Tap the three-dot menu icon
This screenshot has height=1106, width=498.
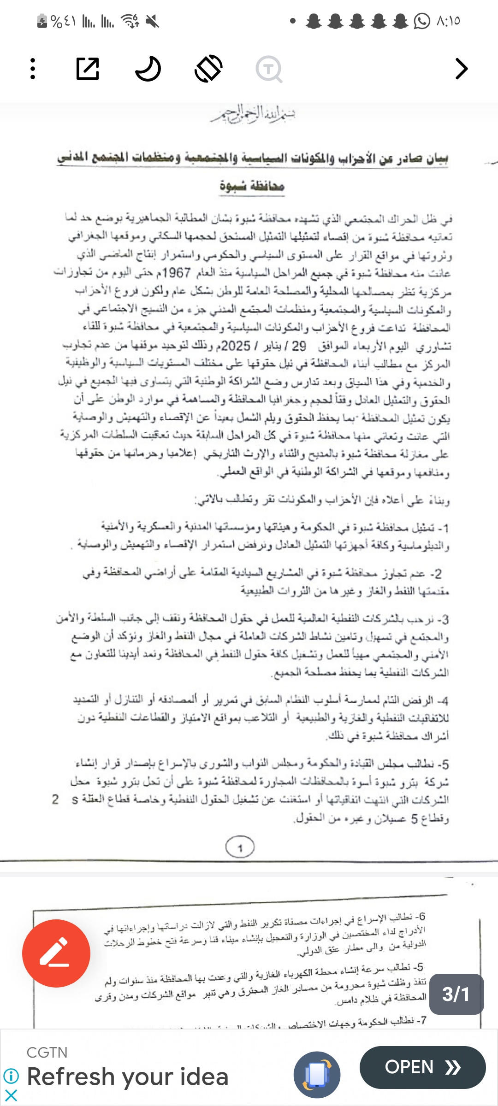(x=33, y=69)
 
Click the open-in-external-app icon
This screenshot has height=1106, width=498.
(x=88, y=69)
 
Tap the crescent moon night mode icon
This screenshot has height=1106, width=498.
(x=148, y=69)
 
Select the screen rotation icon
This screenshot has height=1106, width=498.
(x=209, y=69)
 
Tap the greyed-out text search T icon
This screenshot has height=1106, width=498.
(x=269, y=69)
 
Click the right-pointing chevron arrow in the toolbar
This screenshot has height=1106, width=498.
(x=461, y=69)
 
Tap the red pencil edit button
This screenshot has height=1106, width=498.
(x=56, y=953)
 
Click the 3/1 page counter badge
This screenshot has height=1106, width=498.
(x=456, y=994)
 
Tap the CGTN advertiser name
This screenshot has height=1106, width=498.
(x=47, y=1052)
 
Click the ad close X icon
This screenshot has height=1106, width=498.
(x=11, y=1095)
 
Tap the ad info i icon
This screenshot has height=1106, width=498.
(x=11, y=1076)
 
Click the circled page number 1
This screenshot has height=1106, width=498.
(x=240, y=847)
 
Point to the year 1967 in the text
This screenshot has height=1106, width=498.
(x=177, y=273)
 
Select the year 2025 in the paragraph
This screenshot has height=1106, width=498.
(x=236, y=346)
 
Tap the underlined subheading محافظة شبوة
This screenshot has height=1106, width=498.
(x=252, y=186)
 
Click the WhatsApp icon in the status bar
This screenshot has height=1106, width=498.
(x=421, y=21)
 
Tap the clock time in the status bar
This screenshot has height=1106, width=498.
(x=448, y=21)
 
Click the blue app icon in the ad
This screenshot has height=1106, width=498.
(x=317, y=1074)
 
